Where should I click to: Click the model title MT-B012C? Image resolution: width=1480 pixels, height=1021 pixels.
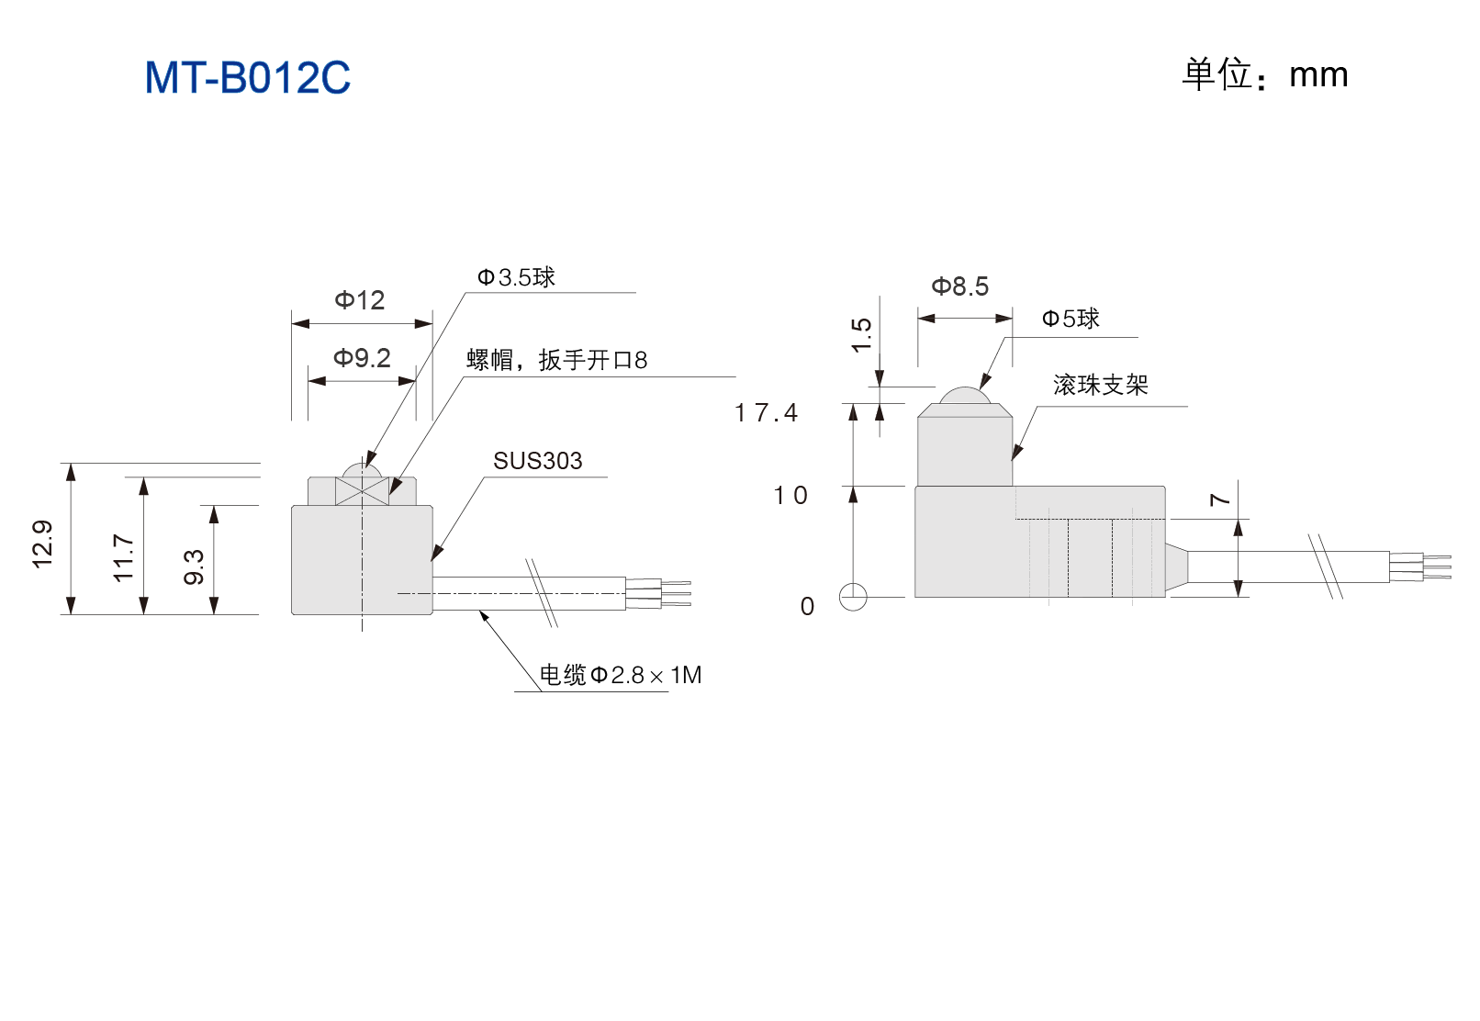click(248, 77)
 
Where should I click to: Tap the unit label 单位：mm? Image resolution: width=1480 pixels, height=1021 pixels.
click(1264, 74)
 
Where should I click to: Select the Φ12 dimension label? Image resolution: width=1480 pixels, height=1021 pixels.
click(359, 300)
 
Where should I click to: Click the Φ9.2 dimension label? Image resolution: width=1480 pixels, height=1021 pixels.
click(362, 358)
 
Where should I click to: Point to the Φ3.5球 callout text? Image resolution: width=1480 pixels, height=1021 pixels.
click(516, 277)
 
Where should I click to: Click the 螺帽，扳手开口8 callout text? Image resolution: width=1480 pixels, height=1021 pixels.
click(557, 360)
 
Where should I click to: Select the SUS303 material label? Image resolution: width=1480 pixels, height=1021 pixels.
click(538, 461)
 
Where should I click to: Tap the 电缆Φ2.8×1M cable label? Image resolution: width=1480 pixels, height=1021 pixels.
click(621, 675)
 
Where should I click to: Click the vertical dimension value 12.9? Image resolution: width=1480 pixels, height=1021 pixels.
click(42, 544)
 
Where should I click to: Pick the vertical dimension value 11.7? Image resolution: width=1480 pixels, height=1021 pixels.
click(124, 558)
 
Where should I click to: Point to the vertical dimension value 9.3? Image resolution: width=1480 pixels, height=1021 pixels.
click(194, 567)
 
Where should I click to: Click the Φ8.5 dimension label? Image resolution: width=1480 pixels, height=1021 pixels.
click(960, 286)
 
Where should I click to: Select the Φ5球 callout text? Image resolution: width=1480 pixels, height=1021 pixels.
click(1071, 319)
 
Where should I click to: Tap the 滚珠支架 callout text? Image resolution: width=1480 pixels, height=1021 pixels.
click(1101, 385)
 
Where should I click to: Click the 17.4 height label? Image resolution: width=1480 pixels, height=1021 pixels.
click(767, 413)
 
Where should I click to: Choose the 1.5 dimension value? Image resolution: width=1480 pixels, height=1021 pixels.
click(862, 335)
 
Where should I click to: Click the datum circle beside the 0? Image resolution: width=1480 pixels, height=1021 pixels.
click(853, 598)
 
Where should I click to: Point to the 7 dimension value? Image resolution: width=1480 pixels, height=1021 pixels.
click(1220, 499)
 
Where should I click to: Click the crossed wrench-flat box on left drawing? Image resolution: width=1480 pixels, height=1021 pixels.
click(362, 491)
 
